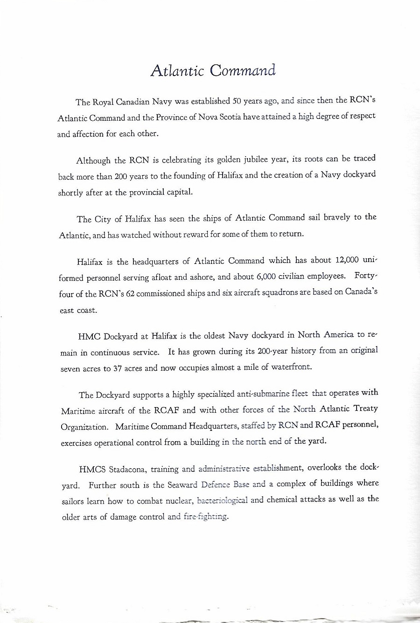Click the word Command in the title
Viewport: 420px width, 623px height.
click(x=243, y=71)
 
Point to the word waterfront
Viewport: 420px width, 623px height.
click(x=287, y=367)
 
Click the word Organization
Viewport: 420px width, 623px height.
click(x=84, y=427)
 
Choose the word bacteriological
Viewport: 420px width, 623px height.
click(x=223, y=500)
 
